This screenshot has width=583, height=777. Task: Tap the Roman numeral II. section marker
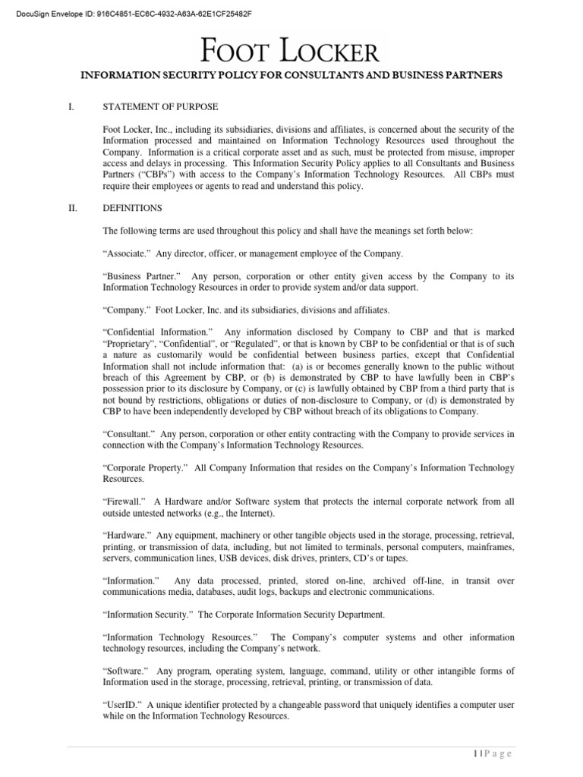point(73,208)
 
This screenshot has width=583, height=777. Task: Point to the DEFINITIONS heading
point(132,208)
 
